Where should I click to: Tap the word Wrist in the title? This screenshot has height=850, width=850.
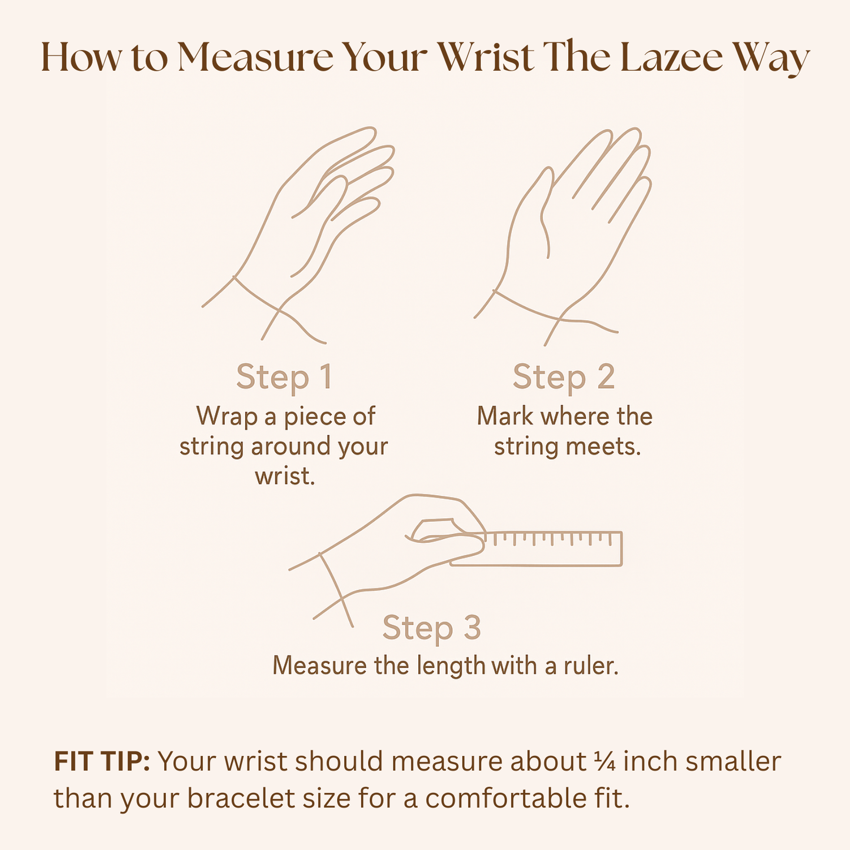tap(486, 57)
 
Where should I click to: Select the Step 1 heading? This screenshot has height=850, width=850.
tap(284, 378)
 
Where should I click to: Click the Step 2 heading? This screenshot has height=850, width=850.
tap(564, 378)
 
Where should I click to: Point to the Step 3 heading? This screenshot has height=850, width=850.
tap(431, 628)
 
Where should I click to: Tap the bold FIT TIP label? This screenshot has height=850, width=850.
tap(102, 761)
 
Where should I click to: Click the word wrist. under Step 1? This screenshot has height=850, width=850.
tap(285, 476)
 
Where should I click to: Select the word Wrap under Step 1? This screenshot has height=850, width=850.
tap(226, 417)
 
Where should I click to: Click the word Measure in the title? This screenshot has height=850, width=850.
tap(255, 57)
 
